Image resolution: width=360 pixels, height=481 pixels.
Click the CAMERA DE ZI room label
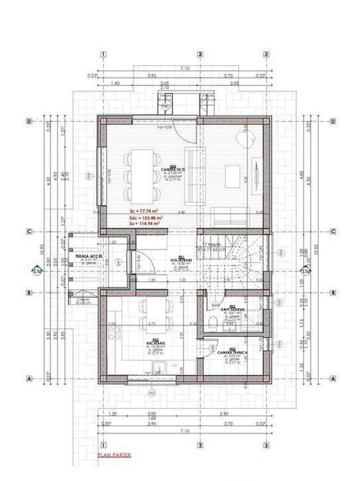pos(175,169)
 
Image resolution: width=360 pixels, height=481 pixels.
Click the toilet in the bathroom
pos(213,323)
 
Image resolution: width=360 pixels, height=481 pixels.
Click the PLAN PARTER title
pos(114,455)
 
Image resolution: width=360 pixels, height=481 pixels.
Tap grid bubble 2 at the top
pos(200,54)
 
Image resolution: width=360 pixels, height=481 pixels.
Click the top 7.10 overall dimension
pos(185,68)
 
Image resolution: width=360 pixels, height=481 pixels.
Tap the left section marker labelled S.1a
pos(36,271)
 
